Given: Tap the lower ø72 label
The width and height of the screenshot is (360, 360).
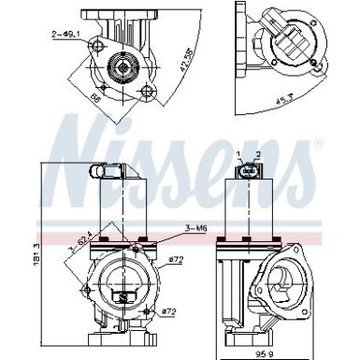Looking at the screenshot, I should click(x=169, y=310).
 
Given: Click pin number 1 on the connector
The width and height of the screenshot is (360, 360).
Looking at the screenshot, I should click(x=238, y=153).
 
